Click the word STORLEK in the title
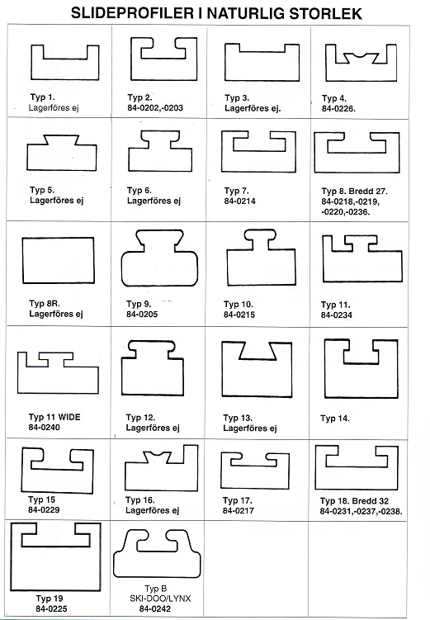point(325,14)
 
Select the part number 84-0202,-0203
point(155,108)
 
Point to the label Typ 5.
point(42,190)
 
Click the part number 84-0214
point(239,201)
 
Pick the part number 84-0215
point(239,315)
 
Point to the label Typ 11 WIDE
point(54,417)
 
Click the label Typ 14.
point(335,419)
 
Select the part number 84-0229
point(44,510)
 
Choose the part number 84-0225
point(51,609)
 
